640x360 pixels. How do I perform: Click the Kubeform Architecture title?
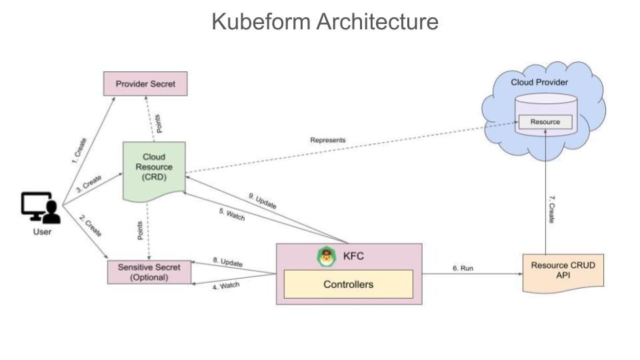[325, 21]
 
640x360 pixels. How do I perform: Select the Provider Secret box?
[145, 84]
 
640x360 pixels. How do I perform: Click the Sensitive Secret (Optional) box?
[149, 272]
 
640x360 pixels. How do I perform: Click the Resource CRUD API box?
[563, 271]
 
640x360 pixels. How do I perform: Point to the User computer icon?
[41, 209]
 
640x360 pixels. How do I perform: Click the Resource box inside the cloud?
[545, 122]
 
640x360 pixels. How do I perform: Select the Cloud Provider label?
[539, 82]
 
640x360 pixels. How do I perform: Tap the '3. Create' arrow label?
[89, 185]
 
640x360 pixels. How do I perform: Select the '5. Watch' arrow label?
[231, 217]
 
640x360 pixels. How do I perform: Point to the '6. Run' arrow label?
[463, 268]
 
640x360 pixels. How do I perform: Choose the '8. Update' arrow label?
[227, 262]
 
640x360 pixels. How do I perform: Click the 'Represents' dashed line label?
[328, 141]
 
